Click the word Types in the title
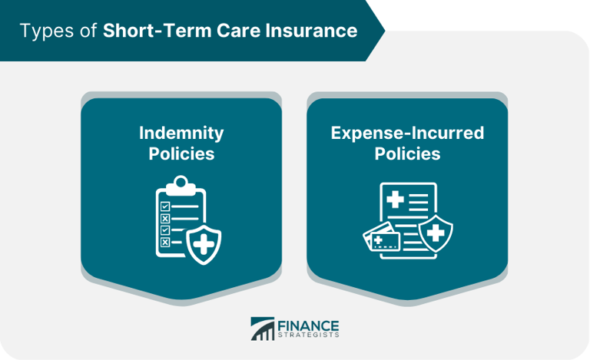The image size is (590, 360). (49, 31)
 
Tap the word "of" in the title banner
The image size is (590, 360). (90, 31)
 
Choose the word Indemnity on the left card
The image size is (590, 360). (181, 133)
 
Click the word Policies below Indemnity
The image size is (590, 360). (181, 154)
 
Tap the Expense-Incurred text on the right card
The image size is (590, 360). (407, 133)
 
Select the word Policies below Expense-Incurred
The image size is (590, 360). (407, 154)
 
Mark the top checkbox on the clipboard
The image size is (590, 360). (162, 205)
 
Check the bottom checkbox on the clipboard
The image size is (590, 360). (162, 243)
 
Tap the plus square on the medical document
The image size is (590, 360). (395, 200)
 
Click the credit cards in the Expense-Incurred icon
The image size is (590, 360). (383, 239)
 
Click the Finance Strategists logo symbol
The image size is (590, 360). (263, 328)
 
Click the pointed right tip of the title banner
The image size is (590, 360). (383, 31)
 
